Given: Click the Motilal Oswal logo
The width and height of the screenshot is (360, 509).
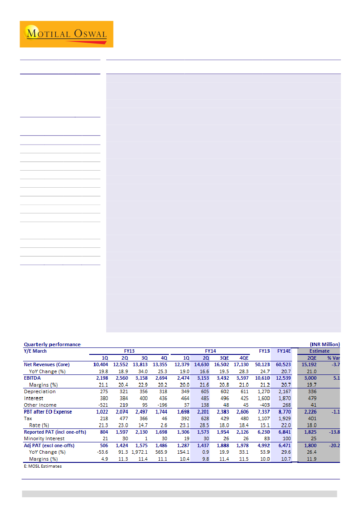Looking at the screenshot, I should pos(66,34).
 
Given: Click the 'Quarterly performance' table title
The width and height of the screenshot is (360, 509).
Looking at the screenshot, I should pos(52,344).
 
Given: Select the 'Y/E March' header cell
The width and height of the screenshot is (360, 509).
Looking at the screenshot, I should pos(35,351).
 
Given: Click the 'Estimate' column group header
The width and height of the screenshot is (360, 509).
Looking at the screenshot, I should pos(320,351).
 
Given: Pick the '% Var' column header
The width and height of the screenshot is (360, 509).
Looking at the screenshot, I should pos(333,357).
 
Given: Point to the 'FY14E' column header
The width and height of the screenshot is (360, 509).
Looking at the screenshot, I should pos(284,351).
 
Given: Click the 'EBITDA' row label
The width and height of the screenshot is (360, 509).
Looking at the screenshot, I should pos(33,378).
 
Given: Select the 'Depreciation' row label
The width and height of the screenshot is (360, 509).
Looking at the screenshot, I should pos(40,391).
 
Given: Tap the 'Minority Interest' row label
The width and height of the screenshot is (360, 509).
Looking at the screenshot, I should pos(44,438).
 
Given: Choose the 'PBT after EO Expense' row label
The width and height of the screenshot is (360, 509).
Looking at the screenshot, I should pos(48,411).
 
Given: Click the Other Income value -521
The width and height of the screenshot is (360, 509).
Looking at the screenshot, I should pos(102,405).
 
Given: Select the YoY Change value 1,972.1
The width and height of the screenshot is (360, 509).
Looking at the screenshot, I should pos(140,452).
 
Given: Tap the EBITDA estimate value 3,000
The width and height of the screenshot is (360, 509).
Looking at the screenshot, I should pos(308,378).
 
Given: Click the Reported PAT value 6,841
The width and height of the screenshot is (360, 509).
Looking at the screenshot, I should pos(285,432).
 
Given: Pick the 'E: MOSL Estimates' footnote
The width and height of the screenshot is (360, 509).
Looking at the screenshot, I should pos(43,466).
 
